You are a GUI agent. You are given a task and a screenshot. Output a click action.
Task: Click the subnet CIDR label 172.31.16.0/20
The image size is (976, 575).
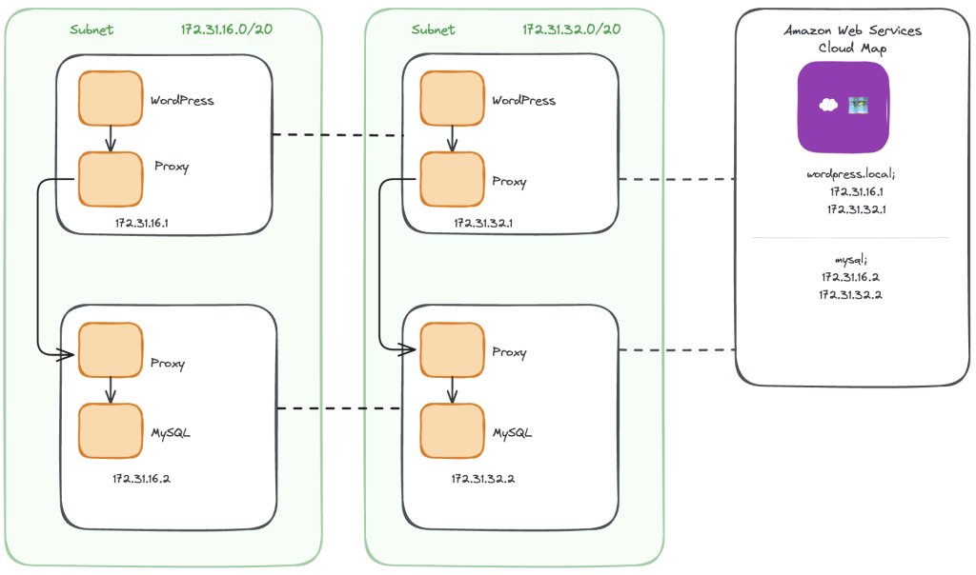(x=227, y=30)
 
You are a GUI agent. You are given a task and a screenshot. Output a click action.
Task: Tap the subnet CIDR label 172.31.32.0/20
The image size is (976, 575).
(x=572, y=30)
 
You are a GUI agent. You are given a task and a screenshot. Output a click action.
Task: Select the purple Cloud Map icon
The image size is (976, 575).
(x=844, y=107)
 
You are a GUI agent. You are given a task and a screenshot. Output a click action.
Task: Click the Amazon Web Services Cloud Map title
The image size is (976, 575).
(x=853, y=38)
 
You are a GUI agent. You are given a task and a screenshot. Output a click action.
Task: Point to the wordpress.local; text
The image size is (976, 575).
(x=851, y=174)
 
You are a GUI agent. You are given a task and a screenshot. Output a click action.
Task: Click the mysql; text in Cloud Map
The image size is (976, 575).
(x=851, y=259)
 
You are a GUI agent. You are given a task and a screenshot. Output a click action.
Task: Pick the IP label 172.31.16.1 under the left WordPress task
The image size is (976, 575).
(x=142, y=223)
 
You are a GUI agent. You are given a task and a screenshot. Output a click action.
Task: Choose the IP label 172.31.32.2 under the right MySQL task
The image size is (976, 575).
(x=483, y=479)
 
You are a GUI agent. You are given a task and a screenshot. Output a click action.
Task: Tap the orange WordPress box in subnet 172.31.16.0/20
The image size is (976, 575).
(x=111, y=98)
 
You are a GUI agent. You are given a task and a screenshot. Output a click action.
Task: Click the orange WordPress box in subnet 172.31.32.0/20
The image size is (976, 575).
(x=453, y=98)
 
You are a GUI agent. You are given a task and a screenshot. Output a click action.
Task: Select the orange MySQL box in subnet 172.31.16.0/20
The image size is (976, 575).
(x=111, y=431)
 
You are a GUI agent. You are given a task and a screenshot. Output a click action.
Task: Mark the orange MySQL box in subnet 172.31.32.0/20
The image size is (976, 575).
(x=453, y=431)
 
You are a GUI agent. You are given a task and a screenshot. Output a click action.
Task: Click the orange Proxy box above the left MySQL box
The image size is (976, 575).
(x=111, y=350)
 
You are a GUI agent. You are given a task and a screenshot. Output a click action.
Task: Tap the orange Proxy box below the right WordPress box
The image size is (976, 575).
(x=453, y=180)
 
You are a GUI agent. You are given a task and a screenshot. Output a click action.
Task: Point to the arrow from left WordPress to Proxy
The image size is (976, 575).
(x=111, y=139)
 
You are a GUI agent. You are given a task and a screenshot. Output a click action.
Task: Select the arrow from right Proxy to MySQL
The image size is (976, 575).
(x=453, y=390)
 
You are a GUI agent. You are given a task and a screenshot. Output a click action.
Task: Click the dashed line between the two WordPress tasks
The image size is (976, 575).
(x=338, y=134)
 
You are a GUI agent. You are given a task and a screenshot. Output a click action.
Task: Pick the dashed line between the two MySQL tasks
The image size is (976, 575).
(x=339, y=408)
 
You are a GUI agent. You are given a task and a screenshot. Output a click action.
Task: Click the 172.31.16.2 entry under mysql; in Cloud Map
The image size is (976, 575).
(x=851, y=277)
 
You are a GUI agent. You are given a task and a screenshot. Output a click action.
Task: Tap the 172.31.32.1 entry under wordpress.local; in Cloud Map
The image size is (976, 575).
(x=857, y=209)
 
